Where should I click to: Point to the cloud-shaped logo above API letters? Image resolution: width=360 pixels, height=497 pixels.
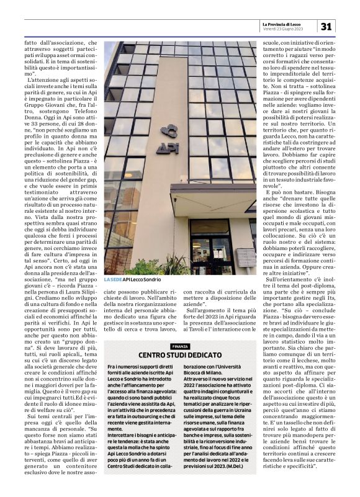169,132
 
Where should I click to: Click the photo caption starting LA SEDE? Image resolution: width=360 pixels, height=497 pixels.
128,280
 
